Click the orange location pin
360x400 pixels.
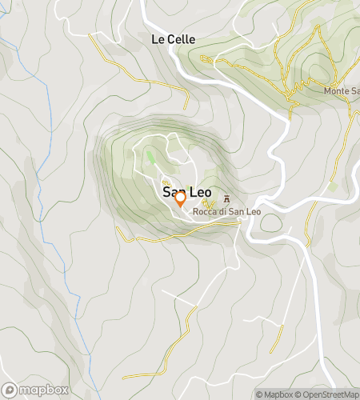pyautogui.click(x=180, y=198)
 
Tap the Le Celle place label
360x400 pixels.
pyautogui.click(x=173, y=38)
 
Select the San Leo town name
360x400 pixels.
pyautogui.click(x=180, y=192)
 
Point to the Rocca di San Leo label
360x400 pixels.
pyautogui.click(x=226, y=211)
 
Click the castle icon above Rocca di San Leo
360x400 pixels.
pyautogui.click(x=226, y=199)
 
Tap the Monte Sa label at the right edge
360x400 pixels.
pyautogui.click(x=342, y=90)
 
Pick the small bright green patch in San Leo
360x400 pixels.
pyautogui.click(x=150, y=157)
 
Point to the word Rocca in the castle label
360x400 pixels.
pyautogui.click(x=204, y=211)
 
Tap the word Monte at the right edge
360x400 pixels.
pyautogui.click(x=337, y=90)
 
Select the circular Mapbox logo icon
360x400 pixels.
pyautogui.click(x=10, y=390)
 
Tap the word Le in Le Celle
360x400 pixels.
pyautogui.click(x=157, y=38)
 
